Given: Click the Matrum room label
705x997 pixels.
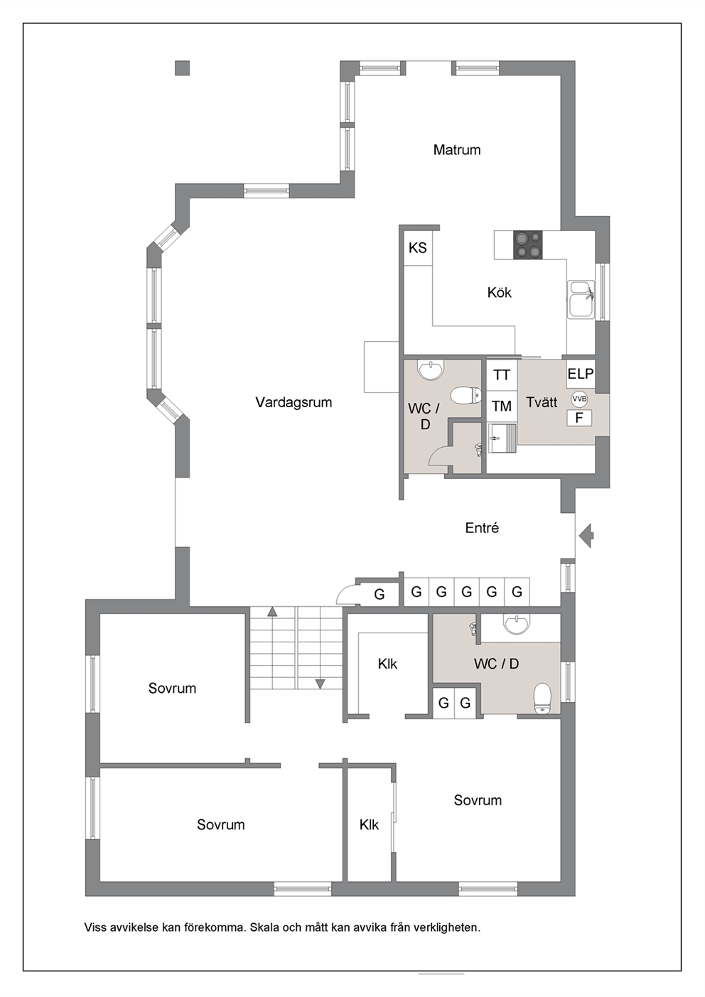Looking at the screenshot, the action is click(457, 149).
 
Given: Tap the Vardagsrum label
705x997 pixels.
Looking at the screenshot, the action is click(294, 402).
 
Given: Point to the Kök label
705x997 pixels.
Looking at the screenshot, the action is click(500, 293).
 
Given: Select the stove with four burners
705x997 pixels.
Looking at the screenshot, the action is click(528, 244).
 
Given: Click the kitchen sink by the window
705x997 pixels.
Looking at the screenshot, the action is click(581, 299).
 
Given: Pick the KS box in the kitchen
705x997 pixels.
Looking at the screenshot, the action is click(417, 247).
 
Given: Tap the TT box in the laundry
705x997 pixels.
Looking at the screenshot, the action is click(502, 374).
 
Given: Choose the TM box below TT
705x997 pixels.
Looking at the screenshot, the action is click(502, 406).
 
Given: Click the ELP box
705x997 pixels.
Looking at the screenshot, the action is click(581, 374).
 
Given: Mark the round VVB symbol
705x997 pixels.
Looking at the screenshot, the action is click(579, 399).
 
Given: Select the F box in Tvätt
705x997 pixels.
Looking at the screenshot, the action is click(579, 418).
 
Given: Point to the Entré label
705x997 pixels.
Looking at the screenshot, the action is click(482, 528).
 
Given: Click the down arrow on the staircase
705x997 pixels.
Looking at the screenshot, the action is click(320, 684).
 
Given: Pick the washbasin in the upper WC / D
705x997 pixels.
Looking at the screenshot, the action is click(431, 370).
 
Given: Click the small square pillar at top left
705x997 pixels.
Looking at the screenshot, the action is click(182, 68).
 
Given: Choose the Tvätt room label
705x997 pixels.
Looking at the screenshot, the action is click(542, 402).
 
